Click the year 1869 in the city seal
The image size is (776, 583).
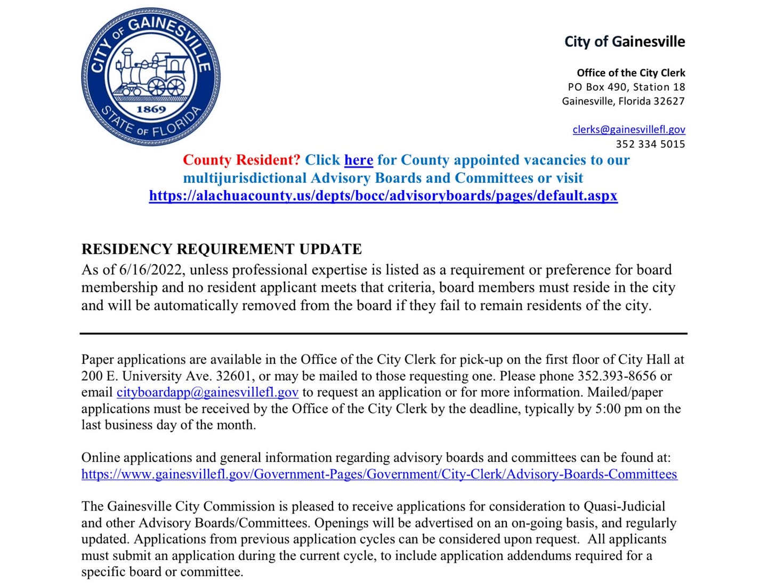pos(151,109)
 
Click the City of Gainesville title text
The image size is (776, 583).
pos(625,42)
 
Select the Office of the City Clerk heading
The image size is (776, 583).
pos(630,73)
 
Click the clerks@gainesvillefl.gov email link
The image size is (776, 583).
pos(628,129)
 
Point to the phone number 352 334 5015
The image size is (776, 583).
pos(650,144)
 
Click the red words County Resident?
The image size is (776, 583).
pos(241,160)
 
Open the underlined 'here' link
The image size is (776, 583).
pos(358,160)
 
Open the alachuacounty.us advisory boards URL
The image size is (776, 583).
pos(383,196)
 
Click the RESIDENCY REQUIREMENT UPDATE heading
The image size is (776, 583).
pos(221,249)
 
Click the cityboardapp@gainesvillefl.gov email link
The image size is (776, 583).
pos(207,392)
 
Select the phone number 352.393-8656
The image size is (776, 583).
pos(617,376)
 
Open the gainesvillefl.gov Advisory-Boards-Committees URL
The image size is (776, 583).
pos(379,474)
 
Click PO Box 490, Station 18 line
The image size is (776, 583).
pos(626,87)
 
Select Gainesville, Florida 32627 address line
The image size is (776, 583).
pos(623,101)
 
